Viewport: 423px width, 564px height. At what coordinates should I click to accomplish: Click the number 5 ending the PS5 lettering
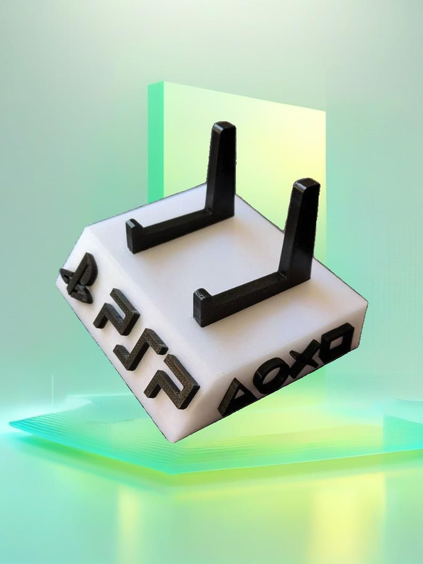[173, 381]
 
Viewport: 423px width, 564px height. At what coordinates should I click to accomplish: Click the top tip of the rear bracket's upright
[224, 124]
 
